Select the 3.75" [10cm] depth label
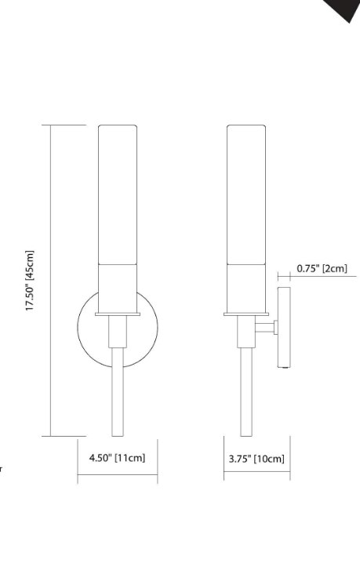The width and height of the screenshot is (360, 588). pos(256,458)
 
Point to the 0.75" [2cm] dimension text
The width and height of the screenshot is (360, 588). pos(322,269)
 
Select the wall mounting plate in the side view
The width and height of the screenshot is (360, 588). pos(283,328)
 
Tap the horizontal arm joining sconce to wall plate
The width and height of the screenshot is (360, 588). pos(265,327)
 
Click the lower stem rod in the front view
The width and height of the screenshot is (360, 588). pos(118,392)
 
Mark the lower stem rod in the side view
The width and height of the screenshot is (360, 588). pos(246,392)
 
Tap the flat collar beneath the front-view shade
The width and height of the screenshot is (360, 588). pos(118,315)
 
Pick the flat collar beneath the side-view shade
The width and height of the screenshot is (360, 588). pos(246,315)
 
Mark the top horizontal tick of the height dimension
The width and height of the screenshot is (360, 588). pos(67,125)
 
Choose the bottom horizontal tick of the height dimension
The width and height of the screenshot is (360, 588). pos(67,436)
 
